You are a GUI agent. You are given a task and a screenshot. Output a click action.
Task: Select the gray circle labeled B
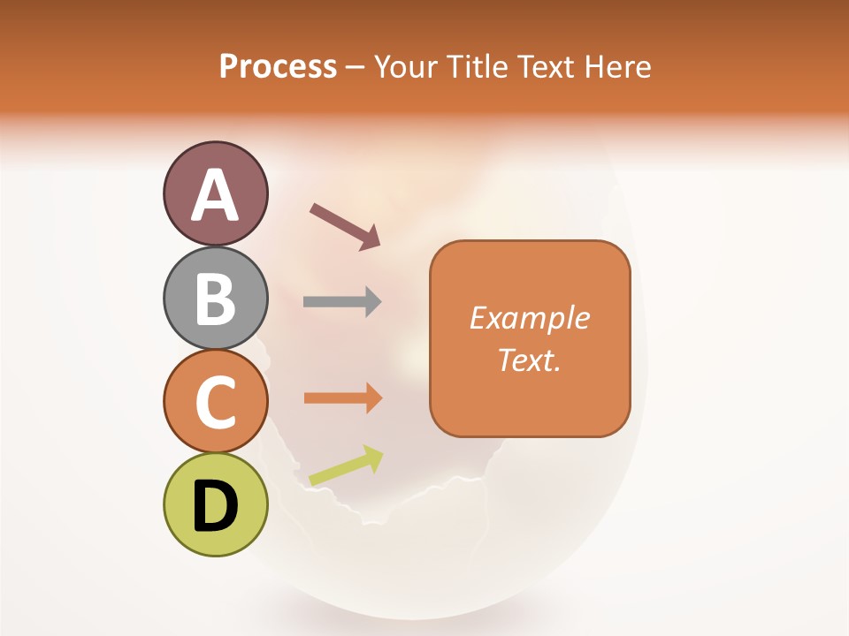click(x=216, y=299)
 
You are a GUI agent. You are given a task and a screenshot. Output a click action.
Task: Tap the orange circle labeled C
click(x=216, y=402)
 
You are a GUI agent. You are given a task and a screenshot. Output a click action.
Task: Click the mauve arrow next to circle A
click(x=345, y=225)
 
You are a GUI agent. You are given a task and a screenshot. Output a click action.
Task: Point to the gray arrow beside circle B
click(x=342, y=301)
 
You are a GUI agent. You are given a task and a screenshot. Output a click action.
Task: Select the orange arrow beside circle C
click(x=343, y=397)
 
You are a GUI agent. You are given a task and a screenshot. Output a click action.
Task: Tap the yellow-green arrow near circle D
click(x=346, y=466)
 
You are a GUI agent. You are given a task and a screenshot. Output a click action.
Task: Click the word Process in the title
click(x=278, y=66)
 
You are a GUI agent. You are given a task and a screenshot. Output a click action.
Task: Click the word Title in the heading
click(x=478, y=66)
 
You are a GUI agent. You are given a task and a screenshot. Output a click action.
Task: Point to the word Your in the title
click(x=405, y=66)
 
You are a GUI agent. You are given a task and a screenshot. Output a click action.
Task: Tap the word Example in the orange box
click(x=530, y=318)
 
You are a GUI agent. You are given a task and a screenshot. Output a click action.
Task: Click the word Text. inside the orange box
click(x=530, y=360)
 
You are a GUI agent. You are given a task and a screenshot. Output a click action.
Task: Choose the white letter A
click(x=216, y=195)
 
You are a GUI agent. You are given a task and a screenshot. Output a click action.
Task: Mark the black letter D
click(x=216, y=506)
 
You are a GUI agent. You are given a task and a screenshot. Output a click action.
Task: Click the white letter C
click(x=216, y=402)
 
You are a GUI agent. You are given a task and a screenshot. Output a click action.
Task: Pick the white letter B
click(x=216, y=299)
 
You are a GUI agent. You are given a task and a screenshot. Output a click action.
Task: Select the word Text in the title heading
click(x=547, y=66)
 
